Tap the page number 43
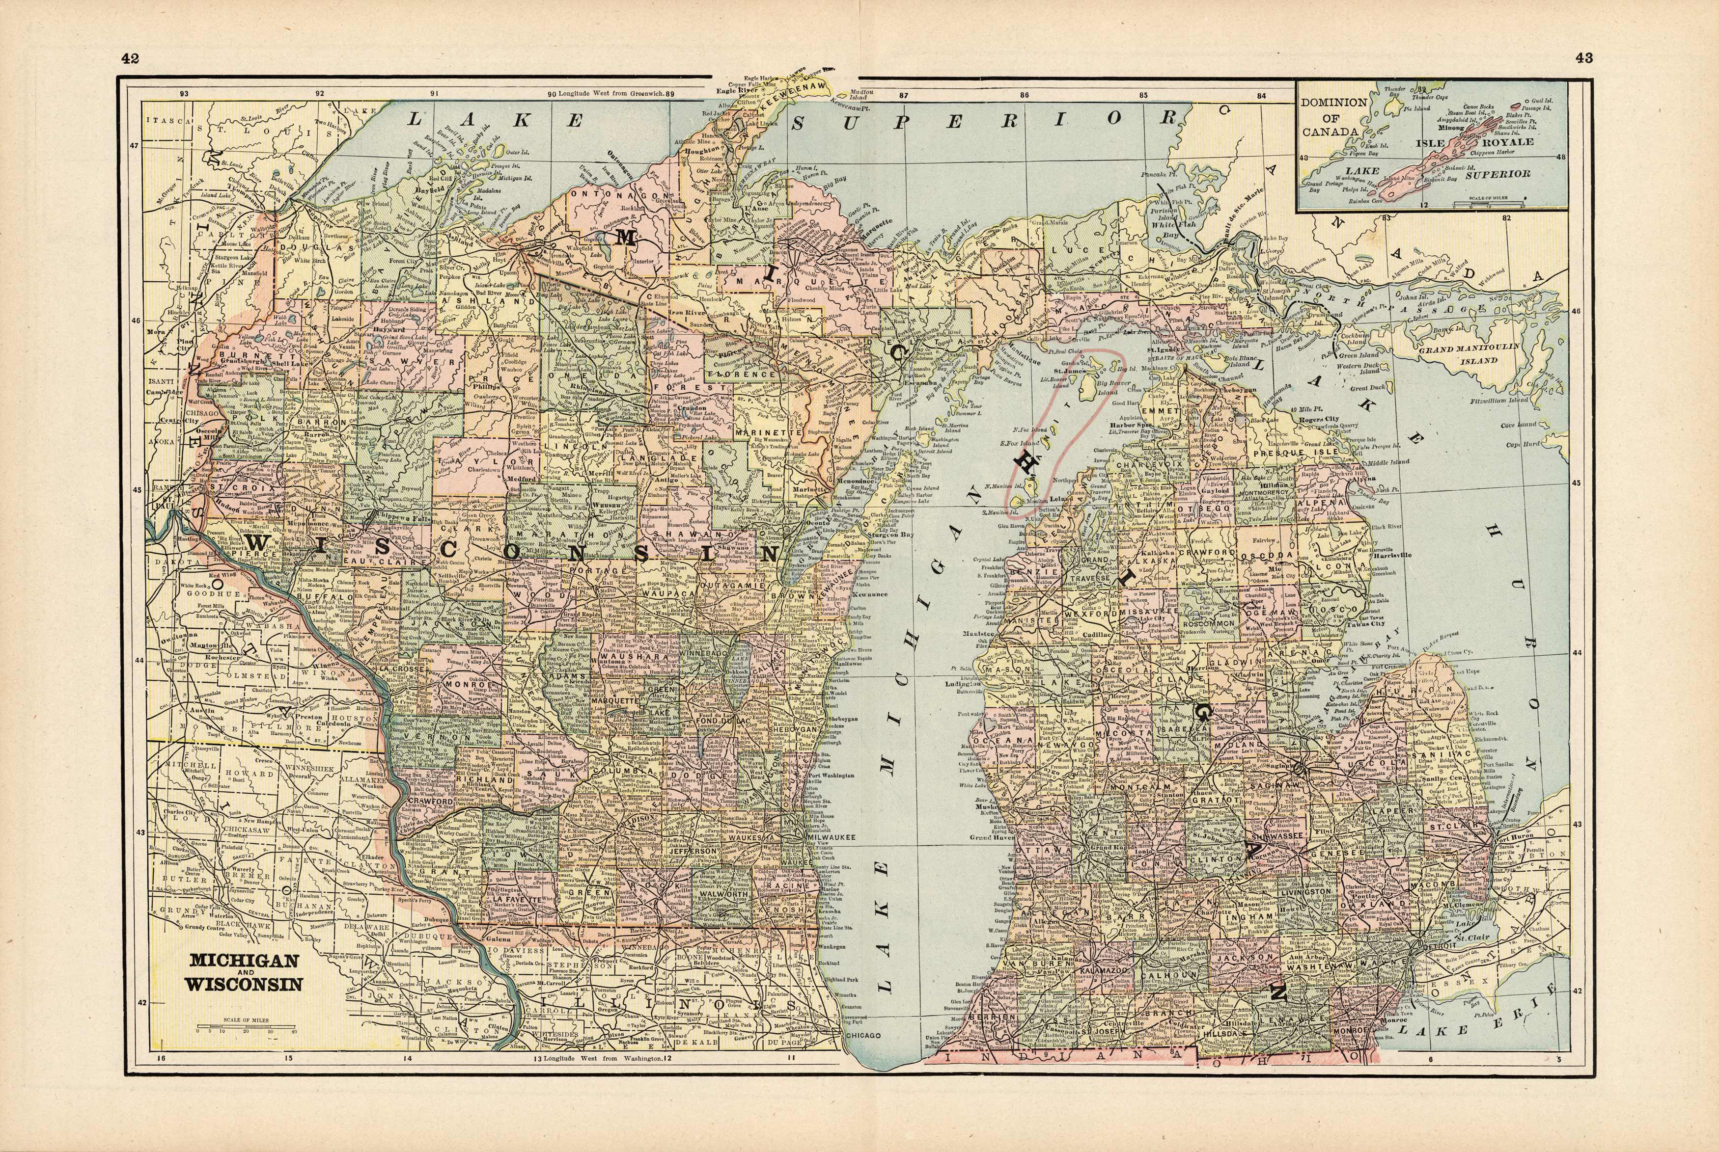pyautogui.click(x=1584, y=59)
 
